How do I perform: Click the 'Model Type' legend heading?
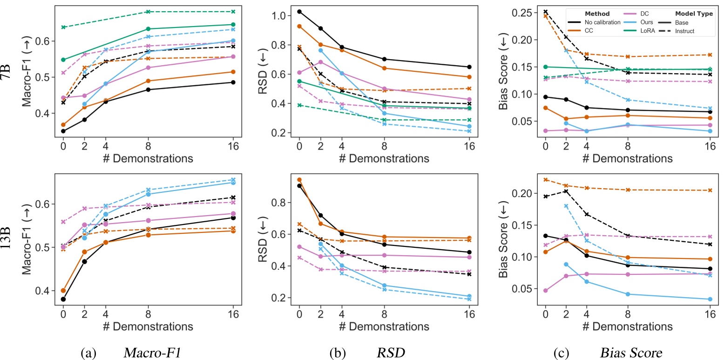point(694,14)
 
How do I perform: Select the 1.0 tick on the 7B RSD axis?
point(274,16)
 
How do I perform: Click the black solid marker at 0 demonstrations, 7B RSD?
point(299,11)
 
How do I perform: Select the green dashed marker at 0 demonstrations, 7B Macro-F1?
point(63,27)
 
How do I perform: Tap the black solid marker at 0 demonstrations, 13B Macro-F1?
point(63,299)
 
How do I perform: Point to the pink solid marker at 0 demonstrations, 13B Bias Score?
point(545,291)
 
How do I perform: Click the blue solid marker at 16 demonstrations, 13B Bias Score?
point(710,299)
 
